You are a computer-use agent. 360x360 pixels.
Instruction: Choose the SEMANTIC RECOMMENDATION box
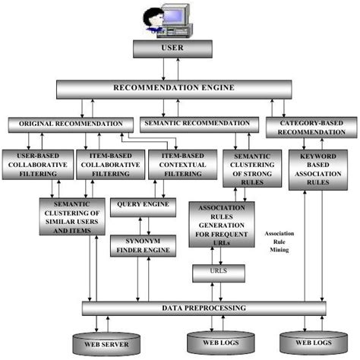pos(196,123)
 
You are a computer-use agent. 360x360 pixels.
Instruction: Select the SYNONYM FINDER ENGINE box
pos(144,245)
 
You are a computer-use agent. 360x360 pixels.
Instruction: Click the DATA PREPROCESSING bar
pos(204,308)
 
